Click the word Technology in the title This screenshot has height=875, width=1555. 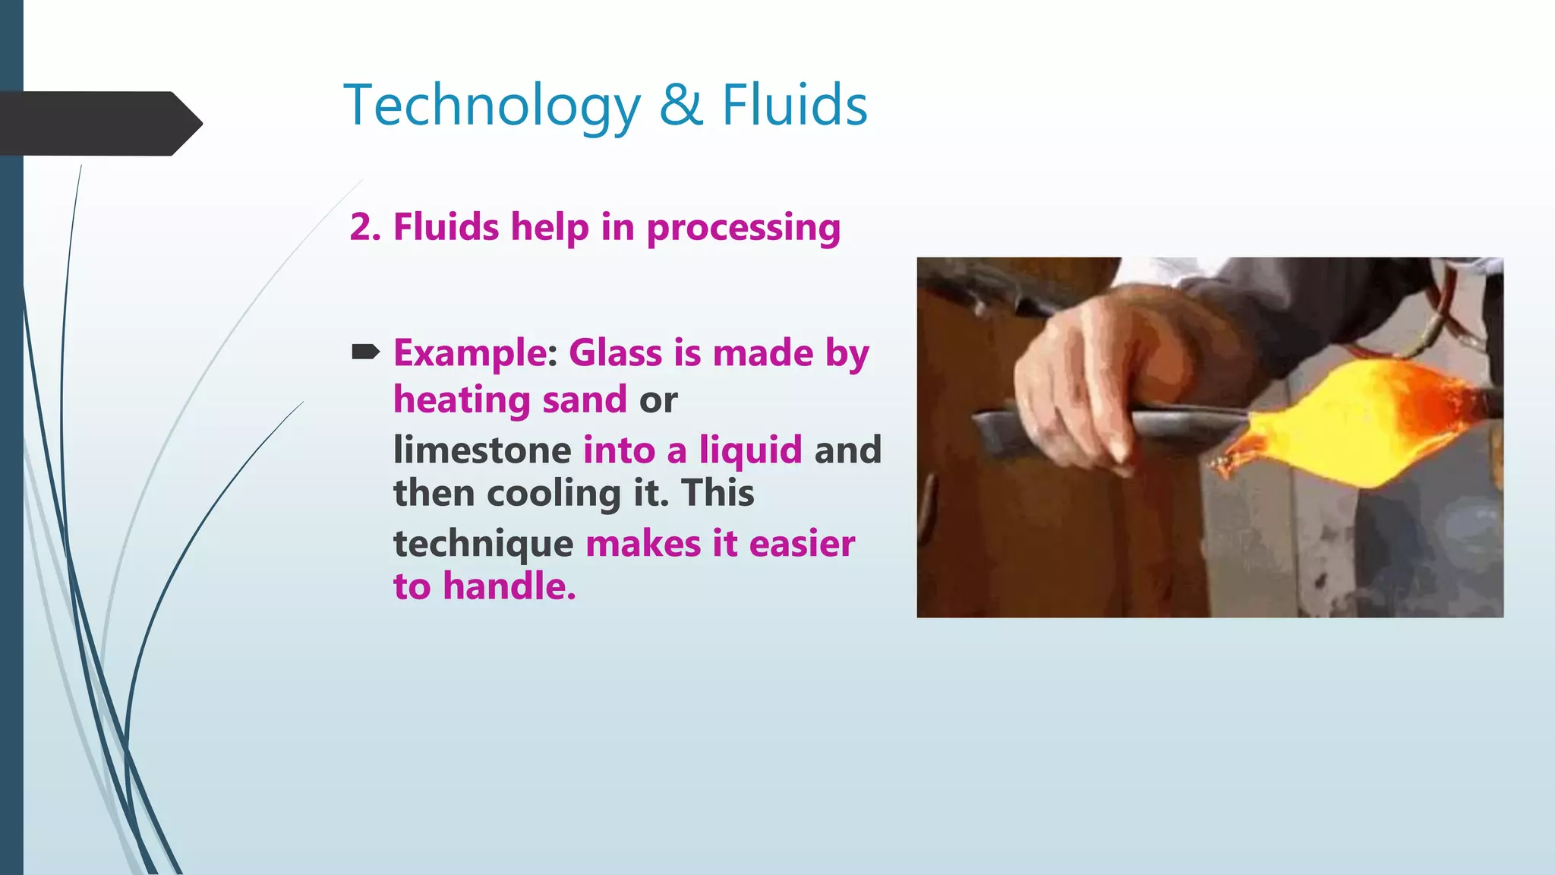492,106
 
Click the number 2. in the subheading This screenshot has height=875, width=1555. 365,227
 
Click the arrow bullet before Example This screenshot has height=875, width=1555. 365,352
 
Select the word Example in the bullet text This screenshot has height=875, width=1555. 471,354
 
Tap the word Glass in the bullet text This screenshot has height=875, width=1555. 615,353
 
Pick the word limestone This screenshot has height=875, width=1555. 482,450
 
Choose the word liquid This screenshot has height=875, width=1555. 750,450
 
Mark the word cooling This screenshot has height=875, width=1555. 554,494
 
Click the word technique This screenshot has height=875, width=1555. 483,545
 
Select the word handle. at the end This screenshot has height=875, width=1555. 509,587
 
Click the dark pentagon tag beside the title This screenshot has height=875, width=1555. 99,123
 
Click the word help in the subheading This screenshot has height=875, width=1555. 549,228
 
